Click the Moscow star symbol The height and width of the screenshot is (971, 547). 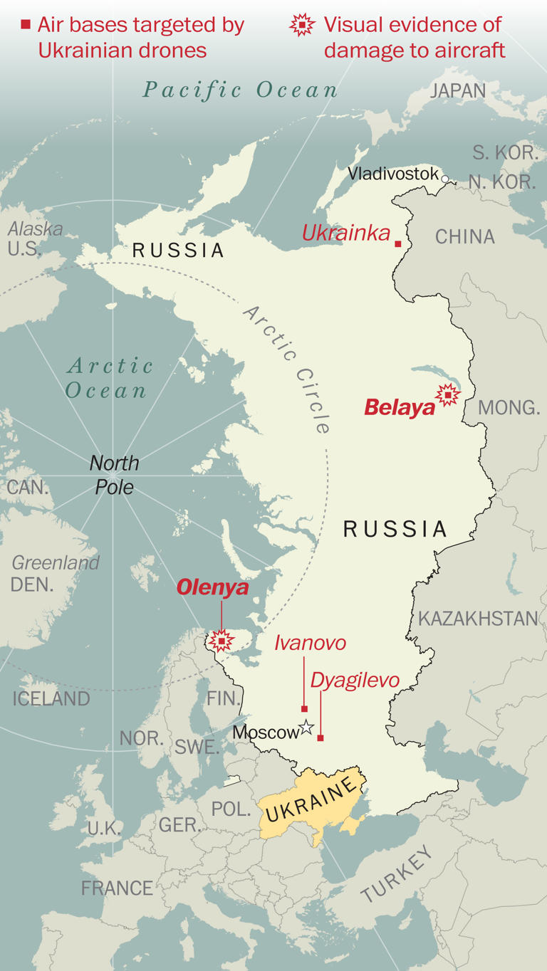point(306,727)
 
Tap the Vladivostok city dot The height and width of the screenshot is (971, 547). point(445,179)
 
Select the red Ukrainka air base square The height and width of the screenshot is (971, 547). point(398,244)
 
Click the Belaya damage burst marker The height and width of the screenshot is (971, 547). point(447,394)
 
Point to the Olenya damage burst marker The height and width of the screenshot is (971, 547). point(221,641)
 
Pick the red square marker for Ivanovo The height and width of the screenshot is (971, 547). point(304,709)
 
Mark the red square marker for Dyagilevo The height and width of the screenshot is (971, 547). point(321,738)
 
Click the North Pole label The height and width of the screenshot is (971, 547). point(114,475)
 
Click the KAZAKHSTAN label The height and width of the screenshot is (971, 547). point(478,618)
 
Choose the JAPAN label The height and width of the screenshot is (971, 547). point(458,90)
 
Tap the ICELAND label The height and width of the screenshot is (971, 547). point(51,698)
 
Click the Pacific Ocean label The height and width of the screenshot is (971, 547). point(240,90)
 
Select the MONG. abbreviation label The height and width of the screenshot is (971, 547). point(509,407)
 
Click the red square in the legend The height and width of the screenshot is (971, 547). point(26,25)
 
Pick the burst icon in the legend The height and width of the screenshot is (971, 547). point(303,26)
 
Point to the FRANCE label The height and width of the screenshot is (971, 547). point(117,888)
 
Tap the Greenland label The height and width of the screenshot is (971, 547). point(56,562)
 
